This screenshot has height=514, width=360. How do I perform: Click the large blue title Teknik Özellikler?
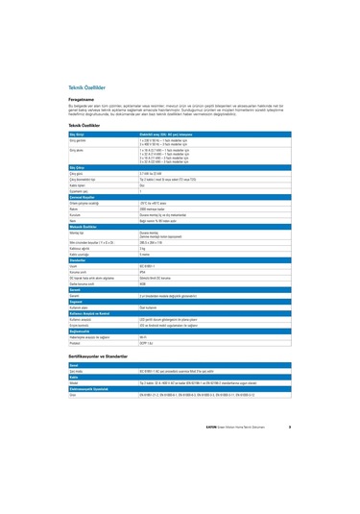(78, 86)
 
